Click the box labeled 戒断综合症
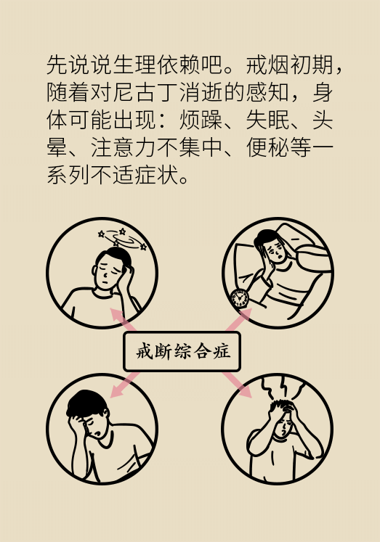coord(182,352)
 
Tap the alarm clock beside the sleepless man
coord(240,298)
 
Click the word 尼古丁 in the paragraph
coord(147,92)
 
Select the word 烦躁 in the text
coord(201,120)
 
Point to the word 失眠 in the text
coord(267,120)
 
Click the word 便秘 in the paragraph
coord(267,147)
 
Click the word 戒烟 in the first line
coord(267,65)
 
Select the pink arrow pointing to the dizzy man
coord(123,320)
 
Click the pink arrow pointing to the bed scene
coord(239,320)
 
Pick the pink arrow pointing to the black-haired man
coord(124,385)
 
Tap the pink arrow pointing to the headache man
coord(238,385)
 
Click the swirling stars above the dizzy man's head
coord(122,238)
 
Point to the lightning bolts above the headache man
coord(284,387)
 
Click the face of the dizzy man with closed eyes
coord(108,272)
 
